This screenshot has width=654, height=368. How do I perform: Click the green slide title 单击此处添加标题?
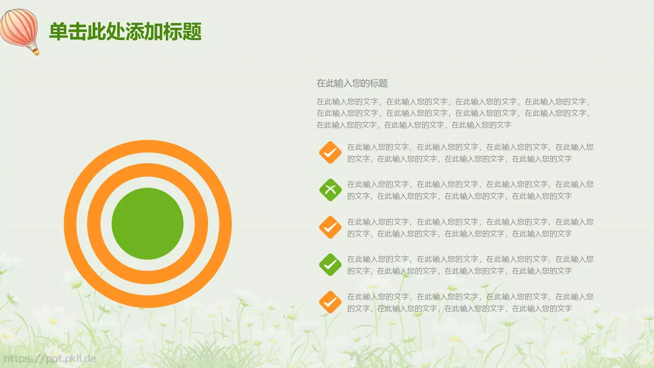pos(125,31)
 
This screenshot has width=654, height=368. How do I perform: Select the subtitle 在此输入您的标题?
pos(352,83)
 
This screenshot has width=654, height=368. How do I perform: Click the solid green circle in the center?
pos(148,224)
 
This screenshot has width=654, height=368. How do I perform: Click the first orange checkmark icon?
pos(330,153)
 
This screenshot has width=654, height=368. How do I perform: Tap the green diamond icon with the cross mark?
pos(330,190)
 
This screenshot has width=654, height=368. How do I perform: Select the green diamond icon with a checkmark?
pos(330,265)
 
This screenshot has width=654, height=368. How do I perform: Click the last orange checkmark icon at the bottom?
pos(330,302)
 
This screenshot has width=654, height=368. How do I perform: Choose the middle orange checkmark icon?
pos(330,227)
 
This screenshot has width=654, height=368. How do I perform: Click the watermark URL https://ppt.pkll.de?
pos(50,359)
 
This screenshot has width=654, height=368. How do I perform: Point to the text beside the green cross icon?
pos(470,190)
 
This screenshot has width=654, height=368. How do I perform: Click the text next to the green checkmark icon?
pos(470,265)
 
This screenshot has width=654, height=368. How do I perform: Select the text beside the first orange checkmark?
pos(470,153)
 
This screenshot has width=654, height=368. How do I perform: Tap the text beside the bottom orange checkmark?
pos(470,303)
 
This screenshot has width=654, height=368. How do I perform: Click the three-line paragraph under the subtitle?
pos(453,113)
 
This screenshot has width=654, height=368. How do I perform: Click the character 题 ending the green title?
pos(192,31)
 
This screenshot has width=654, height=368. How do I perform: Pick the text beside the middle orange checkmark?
pos(470,228)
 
